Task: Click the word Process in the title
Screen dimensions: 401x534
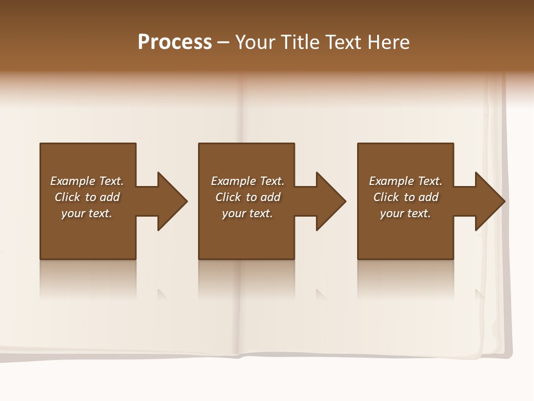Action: point(175,42)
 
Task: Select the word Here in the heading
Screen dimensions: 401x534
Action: point(389,42)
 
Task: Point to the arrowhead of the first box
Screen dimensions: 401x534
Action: point(172,201)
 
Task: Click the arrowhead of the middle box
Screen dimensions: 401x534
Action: point(331,201)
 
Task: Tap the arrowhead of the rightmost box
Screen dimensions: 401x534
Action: point(489,201)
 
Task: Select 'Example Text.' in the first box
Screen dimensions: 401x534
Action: point(87,181)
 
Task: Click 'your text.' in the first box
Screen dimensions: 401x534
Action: point(87,213)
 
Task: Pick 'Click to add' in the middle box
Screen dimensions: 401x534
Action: point(248,197)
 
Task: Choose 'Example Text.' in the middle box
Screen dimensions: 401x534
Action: point(248,181)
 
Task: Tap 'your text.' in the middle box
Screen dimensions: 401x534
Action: point(248,213)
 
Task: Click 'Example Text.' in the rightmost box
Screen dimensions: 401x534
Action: point(406,181)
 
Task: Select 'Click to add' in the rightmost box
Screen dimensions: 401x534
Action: point(406,197)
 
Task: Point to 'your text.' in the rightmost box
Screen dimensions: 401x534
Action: point(406,213)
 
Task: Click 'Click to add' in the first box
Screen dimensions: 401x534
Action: point(87,197)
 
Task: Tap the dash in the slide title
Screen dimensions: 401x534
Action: point(223,42)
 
